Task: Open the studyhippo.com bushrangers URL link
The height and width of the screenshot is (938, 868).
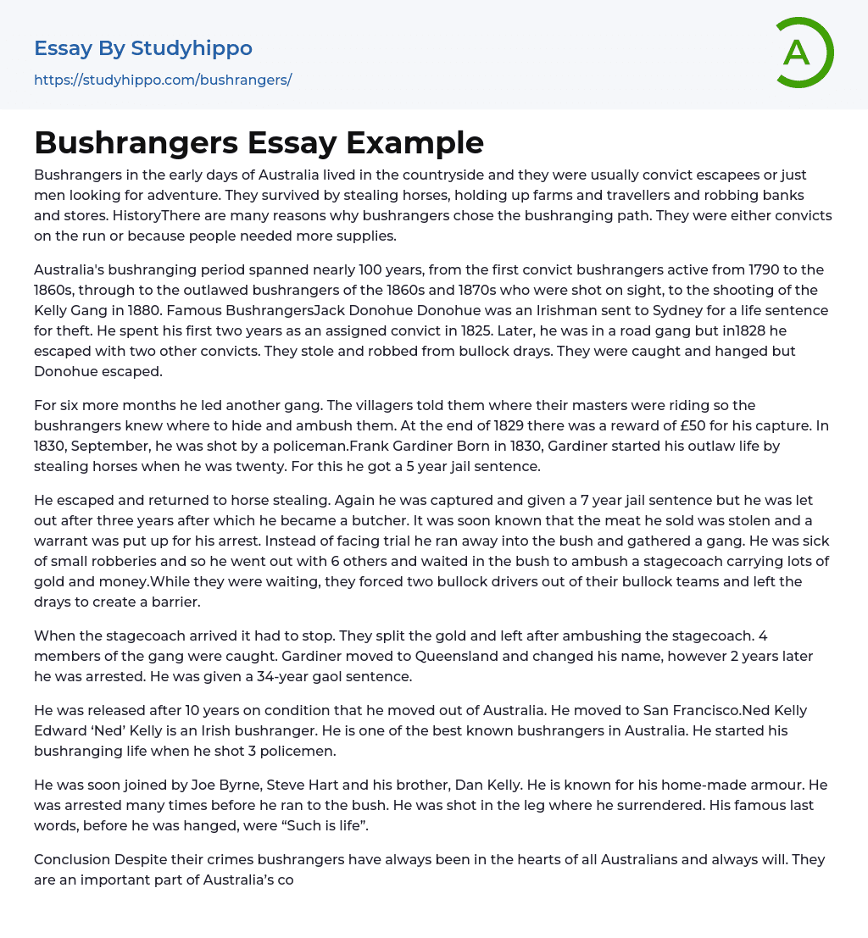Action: [163, 80]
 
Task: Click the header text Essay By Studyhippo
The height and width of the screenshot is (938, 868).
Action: [143, 48]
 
